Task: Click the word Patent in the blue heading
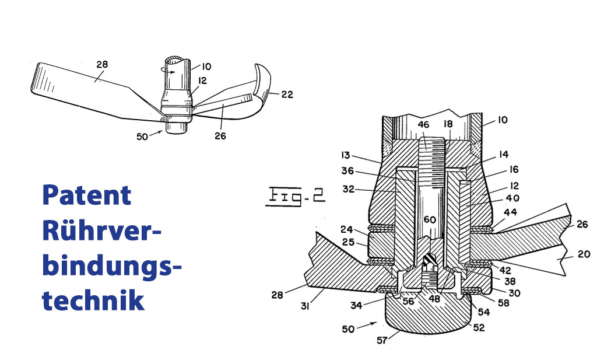tap(87, 197)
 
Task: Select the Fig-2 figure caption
tap(296, 193)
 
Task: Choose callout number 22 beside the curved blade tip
tap(286, 95)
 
